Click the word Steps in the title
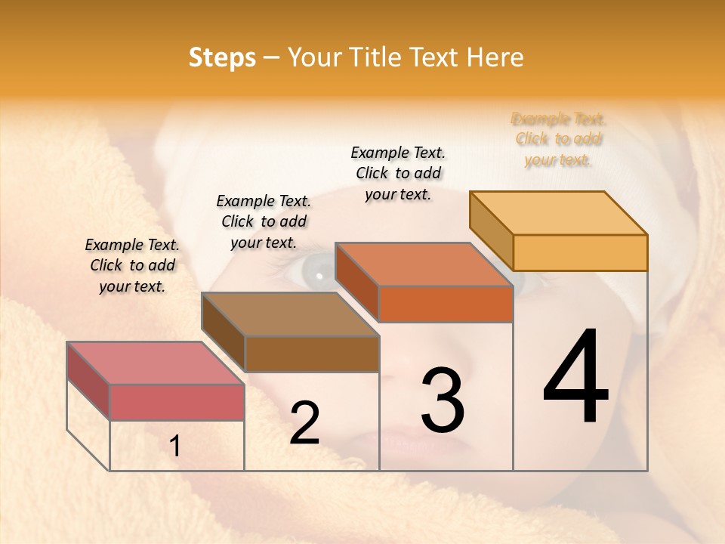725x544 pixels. click(x=221, y=57)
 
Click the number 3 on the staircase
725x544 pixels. click(x=443, y=400)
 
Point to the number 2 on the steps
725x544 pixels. click(x=304, y=423)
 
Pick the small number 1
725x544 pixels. click(x=175, y=446)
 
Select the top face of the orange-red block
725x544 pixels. click(x=424, y=264)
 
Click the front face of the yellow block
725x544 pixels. click(x=580, y=252)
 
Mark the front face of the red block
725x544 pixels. click(x=177, y=402)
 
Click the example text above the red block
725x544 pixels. click(x=132, y=265)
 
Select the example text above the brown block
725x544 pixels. click(x=264, y=221)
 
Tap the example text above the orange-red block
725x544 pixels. click(x=398, y=173)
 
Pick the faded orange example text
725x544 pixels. click(x=559, y=139)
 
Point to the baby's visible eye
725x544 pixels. click(x=317, y=270)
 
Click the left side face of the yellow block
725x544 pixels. click(x=491, y=230)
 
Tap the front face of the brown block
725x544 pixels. click(x=312, y=354)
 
